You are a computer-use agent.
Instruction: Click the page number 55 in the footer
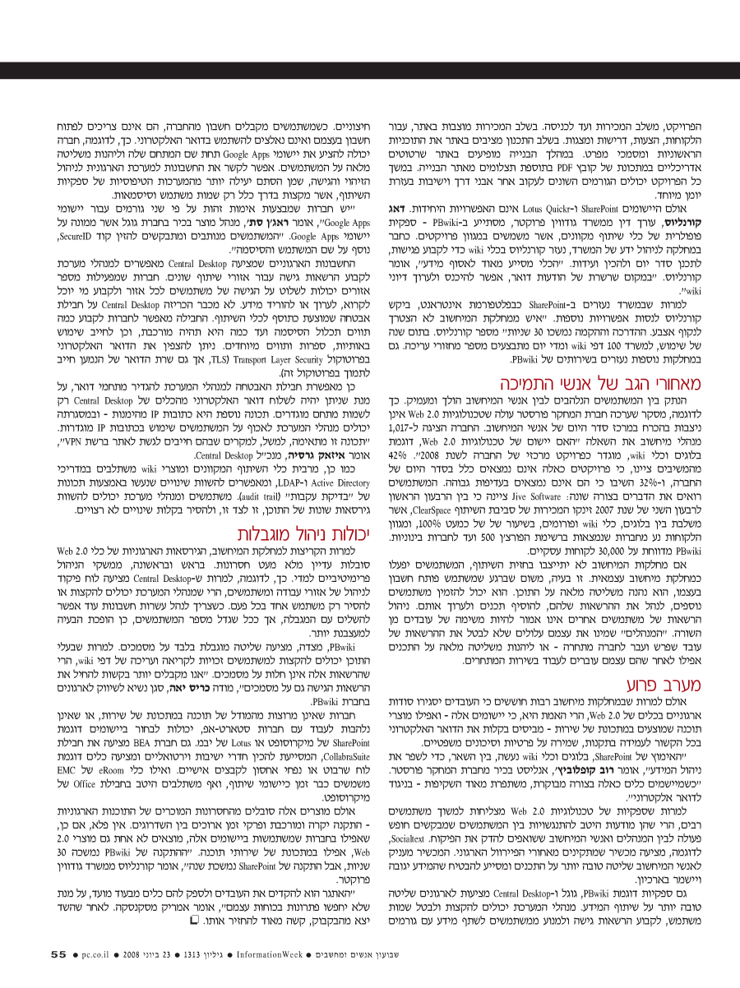(x=58, y=954)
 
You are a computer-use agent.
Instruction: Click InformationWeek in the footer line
(x=271, y=954)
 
